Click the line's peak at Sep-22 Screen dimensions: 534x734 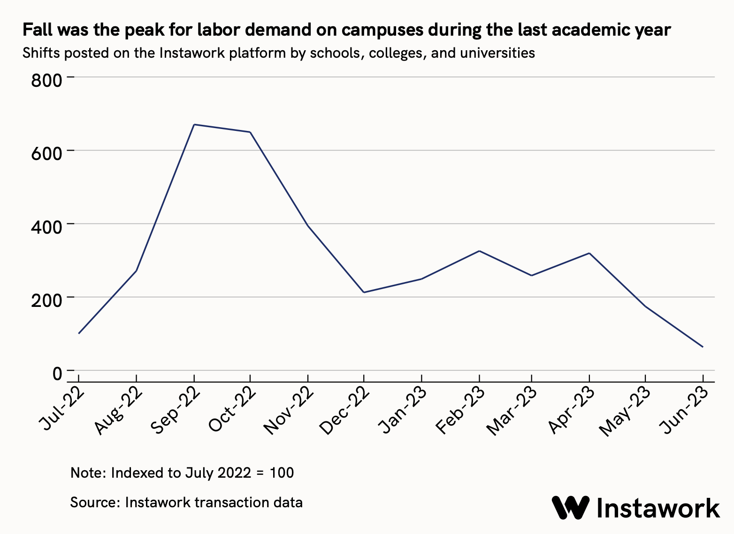click(x=194, y=124)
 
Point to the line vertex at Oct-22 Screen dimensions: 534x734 click(x=250, y=132)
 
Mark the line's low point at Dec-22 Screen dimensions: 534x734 click(x=364, y=292)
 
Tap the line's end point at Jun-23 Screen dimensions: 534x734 click(x=703, y=347)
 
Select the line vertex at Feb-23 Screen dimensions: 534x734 click(x=479, y=251)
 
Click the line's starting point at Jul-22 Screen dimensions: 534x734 click(x=79, y=333)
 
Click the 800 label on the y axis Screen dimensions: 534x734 click(x=46, y=80)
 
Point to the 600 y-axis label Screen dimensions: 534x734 click(x=46, y=153)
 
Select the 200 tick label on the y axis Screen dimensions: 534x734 click(x=46, y=300)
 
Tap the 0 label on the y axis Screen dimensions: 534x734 click(x=57, y=374)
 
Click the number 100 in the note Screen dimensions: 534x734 click(x=282, y=473)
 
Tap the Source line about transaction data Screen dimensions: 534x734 click(x=186, y=503)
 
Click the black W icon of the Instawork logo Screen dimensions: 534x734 click(x=570, y=508)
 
